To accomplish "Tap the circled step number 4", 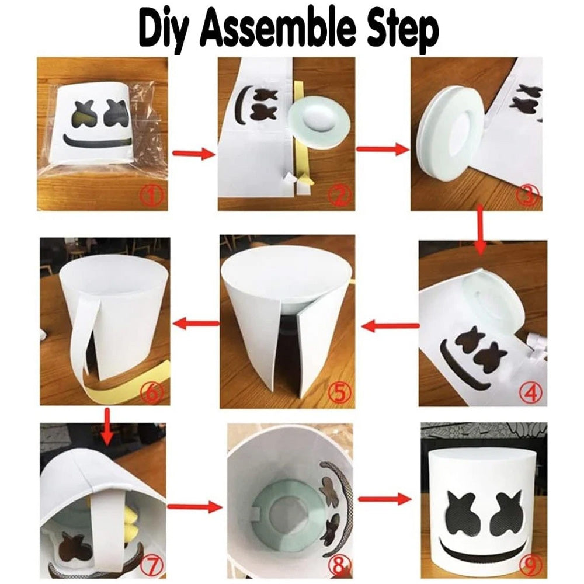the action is [531, 392].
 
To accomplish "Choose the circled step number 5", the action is [339, 393].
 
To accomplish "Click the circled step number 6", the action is [152, 391].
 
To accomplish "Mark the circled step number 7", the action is [152, 566].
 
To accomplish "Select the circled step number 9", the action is [530, 566].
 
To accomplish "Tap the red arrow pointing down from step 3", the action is [481, 230].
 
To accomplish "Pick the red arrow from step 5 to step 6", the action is [197, 324].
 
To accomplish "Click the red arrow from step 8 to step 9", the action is [385, 499].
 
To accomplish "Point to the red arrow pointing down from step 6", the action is [107, 426].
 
